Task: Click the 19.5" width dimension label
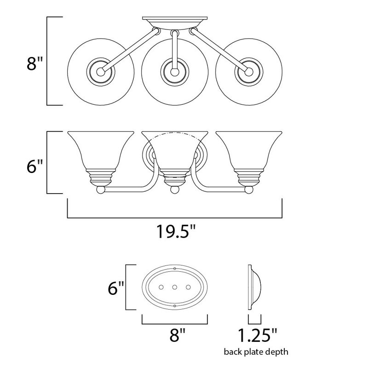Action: pyautogui.click(x=176, y=232)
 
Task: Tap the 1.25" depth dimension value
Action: pyautogui.click(x=258, y=335)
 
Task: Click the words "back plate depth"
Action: pyautogui.click(x=256, y=352)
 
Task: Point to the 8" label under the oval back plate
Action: pyautogui.click(x=178, y=335)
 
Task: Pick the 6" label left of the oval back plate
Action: pyautogui.click(x=115, y=288)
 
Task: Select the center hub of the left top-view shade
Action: pyautogui.click(x=101, y=72)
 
